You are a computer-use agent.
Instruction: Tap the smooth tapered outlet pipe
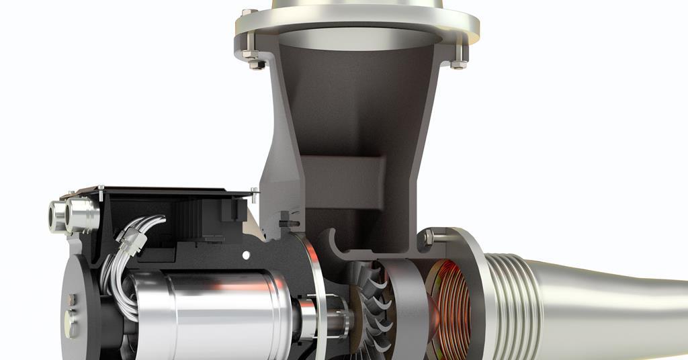point(605,302)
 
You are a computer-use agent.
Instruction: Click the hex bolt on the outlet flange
point(427,237)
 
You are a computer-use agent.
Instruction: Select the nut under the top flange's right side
point(458,64)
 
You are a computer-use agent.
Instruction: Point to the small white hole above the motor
point(247,255)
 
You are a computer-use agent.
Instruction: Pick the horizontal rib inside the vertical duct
point(343,175)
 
